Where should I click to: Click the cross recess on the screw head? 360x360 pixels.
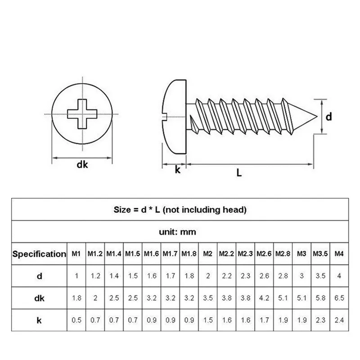pos(82,115)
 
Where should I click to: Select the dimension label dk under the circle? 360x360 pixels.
pos(82,165)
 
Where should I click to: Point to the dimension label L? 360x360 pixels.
pos(239,172)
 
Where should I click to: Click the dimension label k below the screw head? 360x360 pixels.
pos(177,170)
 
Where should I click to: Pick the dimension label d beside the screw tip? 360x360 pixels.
pos(329,117)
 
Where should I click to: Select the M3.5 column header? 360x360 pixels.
pos(320,254)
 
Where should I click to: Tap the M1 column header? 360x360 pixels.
pos(76,254)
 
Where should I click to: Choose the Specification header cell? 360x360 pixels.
pos(39,254)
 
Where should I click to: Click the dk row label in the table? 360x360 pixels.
pos(39,298)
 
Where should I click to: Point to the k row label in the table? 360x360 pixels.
pos(39,320)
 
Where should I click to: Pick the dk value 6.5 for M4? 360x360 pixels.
pos(339,298)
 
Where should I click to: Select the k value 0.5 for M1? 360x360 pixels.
pos(76,320)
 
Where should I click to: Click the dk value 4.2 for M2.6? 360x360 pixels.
pos(264,298)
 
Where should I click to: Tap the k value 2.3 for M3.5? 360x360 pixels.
pos(320,320)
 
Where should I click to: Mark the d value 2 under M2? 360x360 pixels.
pos(207,276)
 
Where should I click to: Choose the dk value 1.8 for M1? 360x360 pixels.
pos(76,298)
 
